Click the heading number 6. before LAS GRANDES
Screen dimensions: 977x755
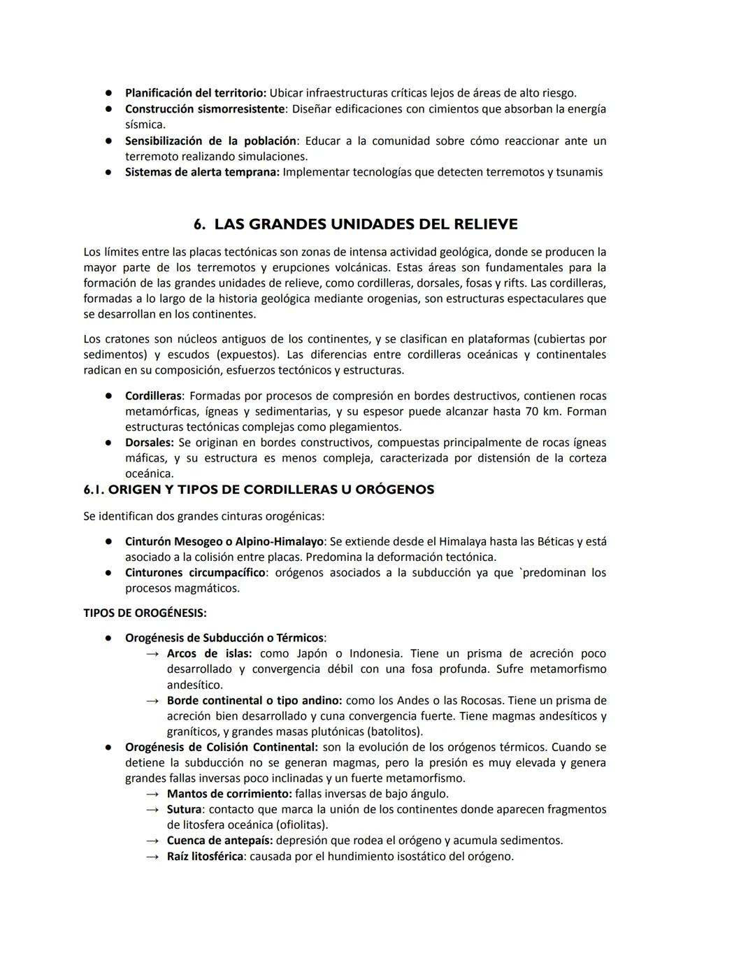click(x=200, y=224)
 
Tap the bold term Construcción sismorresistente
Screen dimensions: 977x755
click(x=205, y=109)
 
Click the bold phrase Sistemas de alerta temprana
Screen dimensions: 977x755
click(x=202, y=172)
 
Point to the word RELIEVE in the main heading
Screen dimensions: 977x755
click(x=483, y=224)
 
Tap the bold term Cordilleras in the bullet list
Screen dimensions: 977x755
click(x=153, y=396)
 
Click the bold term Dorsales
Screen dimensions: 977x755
click(x=149, y=443)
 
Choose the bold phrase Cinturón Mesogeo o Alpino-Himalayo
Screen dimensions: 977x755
click(x=224, y=541)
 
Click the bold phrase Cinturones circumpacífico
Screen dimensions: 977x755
click(x=195, y=573)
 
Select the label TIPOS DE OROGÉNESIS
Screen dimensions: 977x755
click(x=145, y=613)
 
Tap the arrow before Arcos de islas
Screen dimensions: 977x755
click(x=152, y=654)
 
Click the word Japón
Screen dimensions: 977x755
click(x=312, y=653)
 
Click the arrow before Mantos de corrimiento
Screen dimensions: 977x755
click(x=152, y=794)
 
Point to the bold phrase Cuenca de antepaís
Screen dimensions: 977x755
click(x=220, y=841)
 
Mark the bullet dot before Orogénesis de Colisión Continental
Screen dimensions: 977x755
click(x=110, y=747)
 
